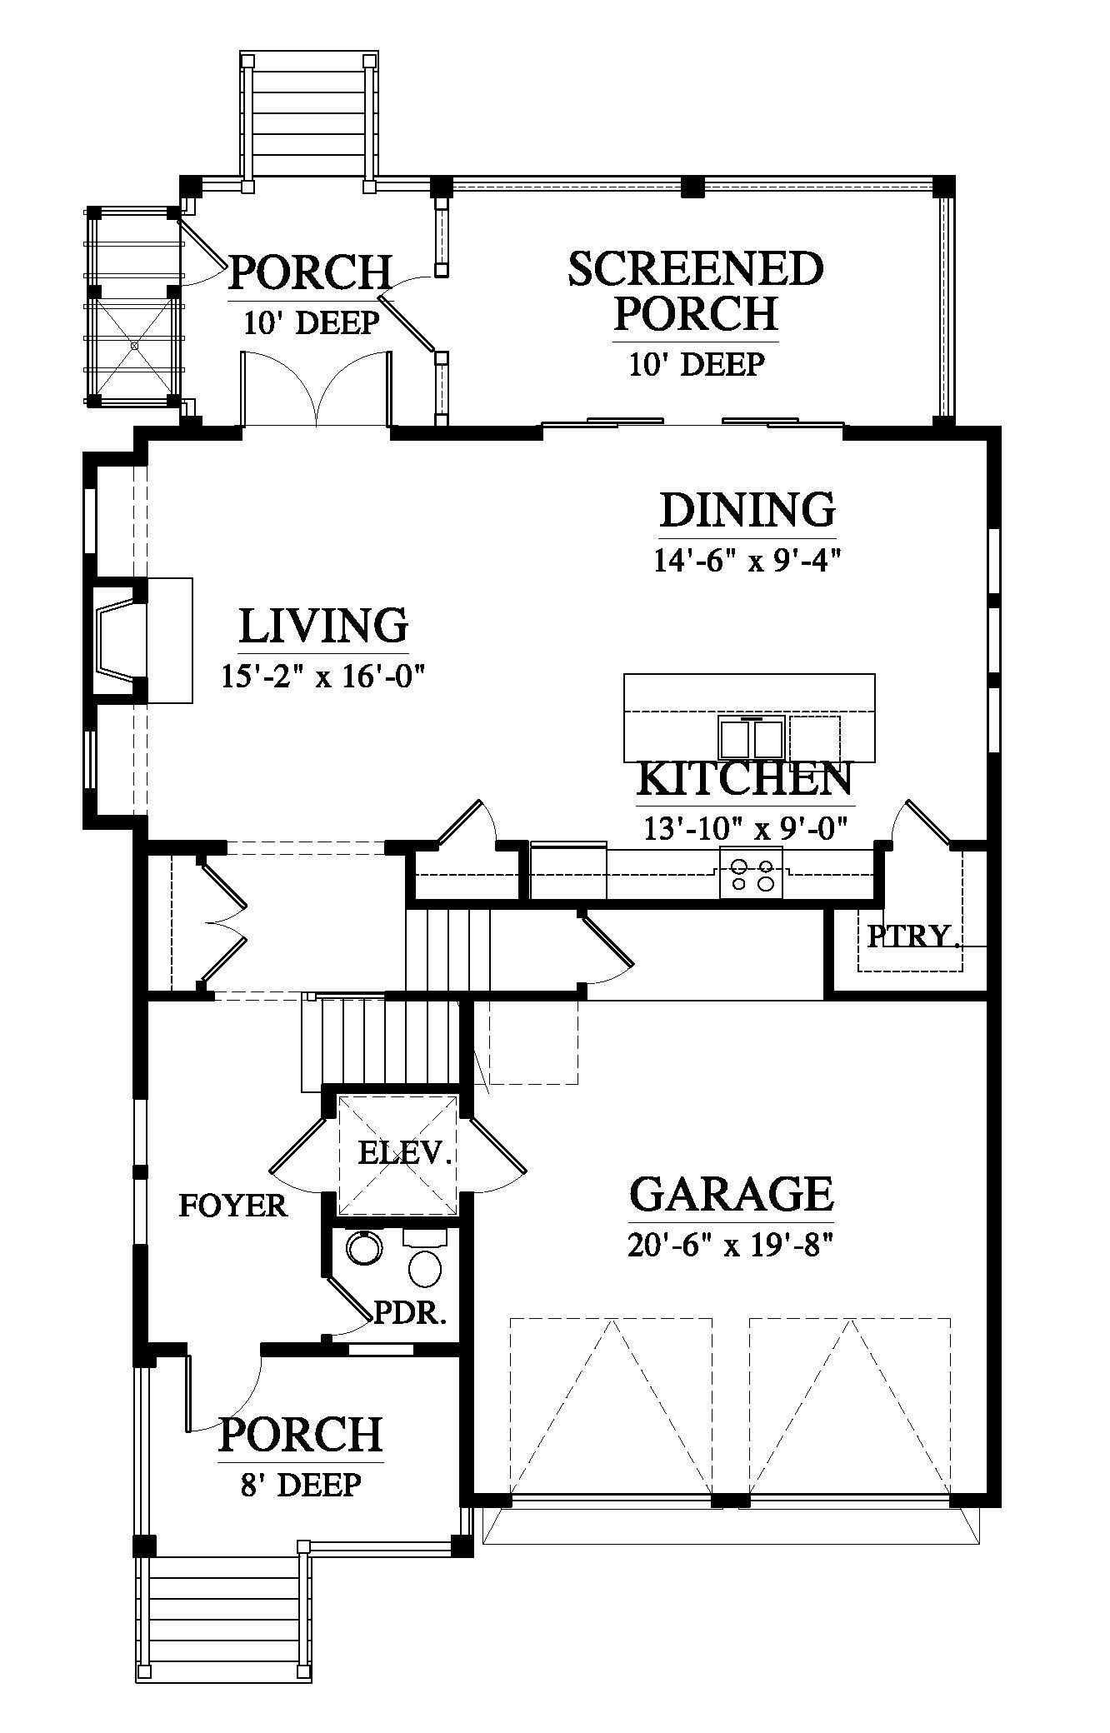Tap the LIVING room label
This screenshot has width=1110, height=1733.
point(323,626)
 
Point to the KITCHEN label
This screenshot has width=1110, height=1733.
point(744,778)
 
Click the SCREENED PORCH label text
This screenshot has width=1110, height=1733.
point(696,291)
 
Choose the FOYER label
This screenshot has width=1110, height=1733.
point(233,1206)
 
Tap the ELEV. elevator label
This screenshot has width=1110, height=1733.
point(405,1153)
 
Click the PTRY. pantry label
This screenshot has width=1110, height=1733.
point(911,936)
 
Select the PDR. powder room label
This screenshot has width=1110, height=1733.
point(411,1314)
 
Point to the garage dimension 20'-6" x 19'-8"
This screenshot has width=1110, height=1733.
point(730,1246)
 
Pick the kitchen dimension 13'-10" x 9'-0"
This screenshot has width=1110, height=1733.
point(745,828)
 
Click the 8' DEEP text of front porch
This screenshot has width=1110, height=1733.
point(301,1485)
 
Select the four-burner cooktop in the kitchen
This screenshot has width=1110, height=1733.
point(751,871)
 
